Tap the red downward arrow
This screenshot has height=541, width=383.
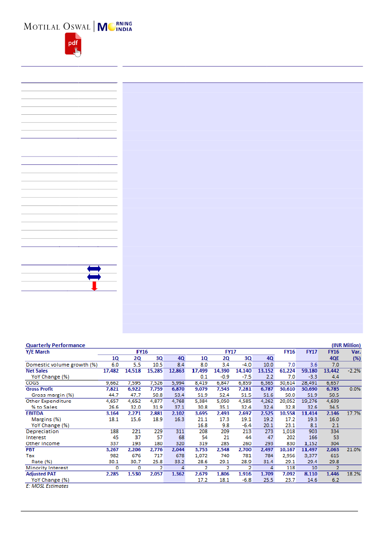pos(94,286)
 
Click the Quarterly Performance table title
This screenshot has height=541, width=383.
pos(56,345)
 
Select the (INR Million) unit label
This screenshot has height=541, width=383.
pos(346,345)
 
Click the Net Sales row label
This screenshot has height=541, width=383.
pos(37,371)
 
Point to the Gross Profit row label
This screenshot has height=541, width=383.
pos(39,389)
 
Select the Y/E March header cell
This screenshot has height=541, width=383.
pos(38,352)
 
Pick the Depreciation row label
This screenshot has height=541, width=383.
pos(42,431)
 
